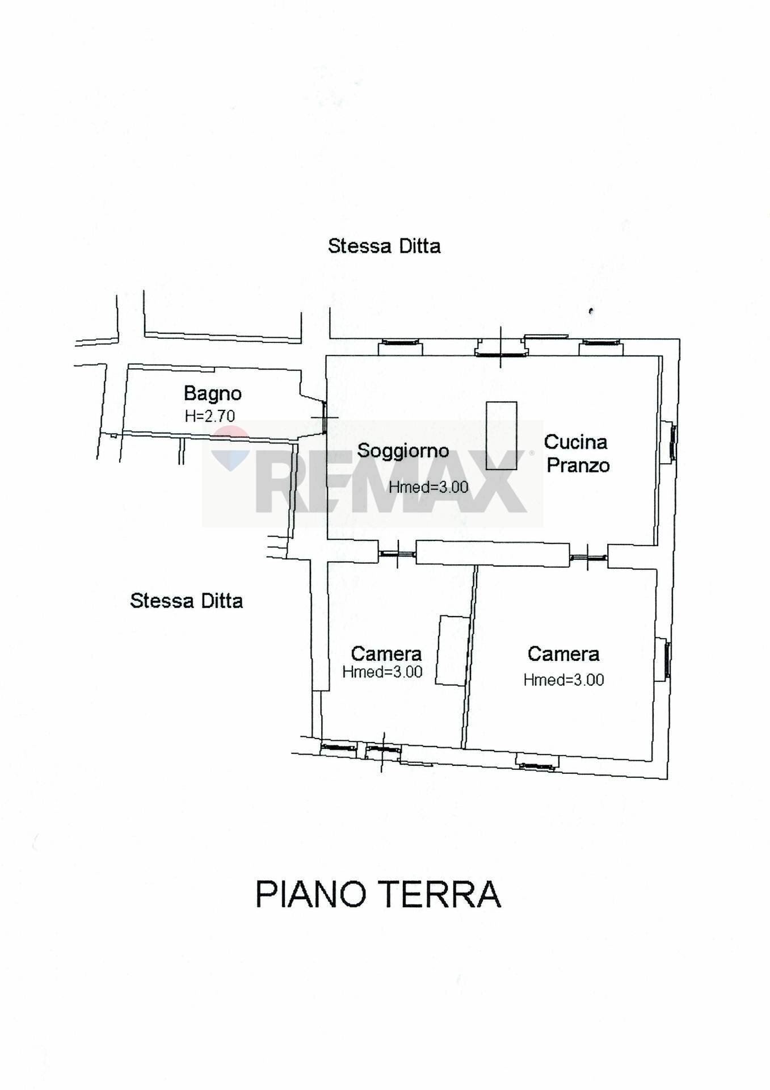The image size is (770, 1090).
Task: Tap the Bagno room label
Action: click(x=213, y=393)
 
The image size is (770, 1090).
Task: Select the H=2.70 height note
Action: click(x=210, y=416)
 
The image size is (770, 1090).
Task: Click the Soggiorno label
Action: click(x=403, y=451)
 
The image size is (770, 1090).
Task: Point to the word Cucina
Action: click(x=575, y=442)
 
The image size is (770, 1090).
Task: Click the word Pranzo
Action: click(x=578, y=466)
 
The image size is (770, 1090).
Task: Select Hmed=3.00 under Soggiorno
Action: click(x=428, y=487)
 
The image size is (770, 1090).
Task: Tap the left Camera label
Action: click(x=386, y=653)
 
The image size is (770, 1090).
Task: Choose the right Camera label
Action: click(x=563, y=654)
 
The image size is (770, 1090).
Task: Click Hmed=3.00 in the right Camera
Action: click(x=563, y=680)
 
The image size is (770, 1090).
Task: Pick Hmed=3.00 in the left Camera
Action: click(x=382, y=672)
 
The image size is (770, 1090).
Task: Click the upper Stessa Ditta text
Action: click(x=384, y=246)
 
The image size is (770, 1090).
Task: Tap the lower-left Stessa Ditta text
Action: click(x=186, y=601)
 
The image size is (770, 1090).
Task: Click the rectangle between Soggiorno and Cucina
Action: click(x=502, y=435)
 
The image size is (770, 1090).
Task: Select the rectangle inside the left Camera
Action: click(x=453, y=651)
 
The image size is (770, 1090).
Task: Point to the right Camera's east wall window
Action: click(x=667, y=660)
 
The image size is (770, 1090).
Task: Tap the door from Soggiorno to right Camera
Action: click(x=588, y=558)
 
